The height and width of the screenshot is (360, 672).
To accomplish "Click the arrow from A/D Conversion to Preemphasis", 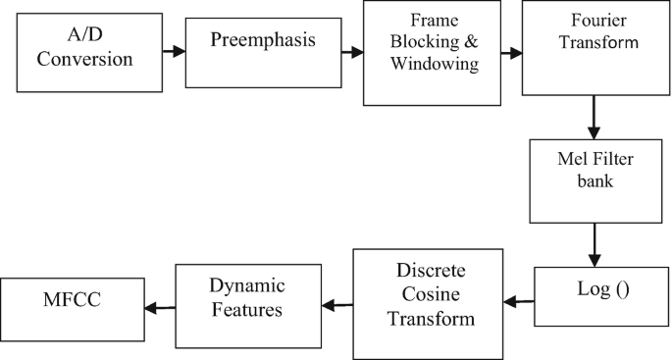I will pyautogui.click(x=174, y=50).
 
